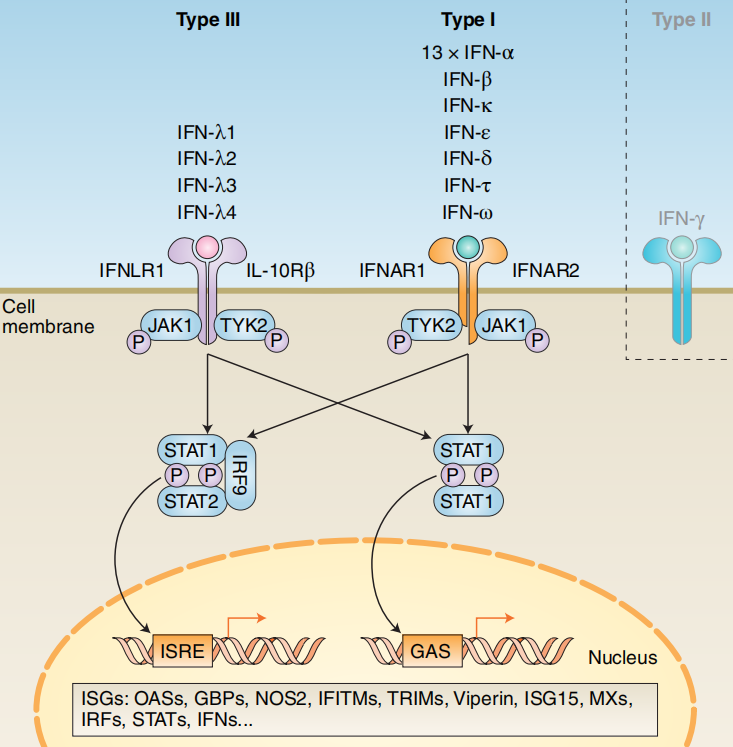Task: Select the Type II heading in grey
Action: [x=681, y=20]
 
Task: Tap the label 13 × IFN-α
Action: [x=468, y=53]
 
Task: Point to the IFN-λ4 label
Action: [x=207, y=211]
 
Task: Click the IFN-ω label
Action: [x=468, y=212]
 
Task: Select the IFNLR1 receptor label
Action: [x=132, y=269]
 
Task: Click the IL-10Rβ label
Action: [x=281, y=269]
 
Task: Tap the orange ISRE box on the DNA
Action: [x=182, y=652]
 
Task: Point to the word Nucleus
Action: [x=622, y=657]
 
